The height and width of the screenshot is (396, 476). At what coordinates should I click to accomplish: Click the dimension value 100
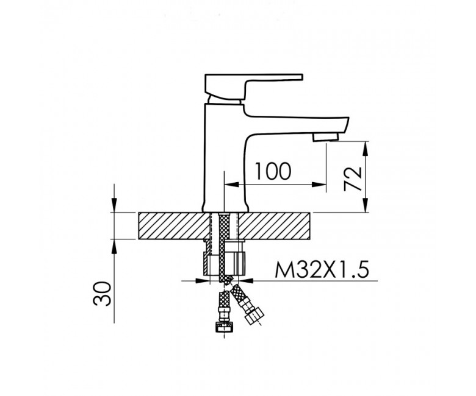(x=273, y=171)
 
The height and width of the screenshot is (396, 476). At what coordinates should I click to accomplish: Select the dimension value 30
(x=103, y=294)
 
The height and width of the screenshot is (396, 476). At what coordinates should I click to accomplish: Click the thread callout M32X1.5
(x=322, y=269)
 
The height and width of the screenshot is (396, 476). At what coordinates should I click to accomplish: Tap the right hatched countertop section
(x=275, y=226)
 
